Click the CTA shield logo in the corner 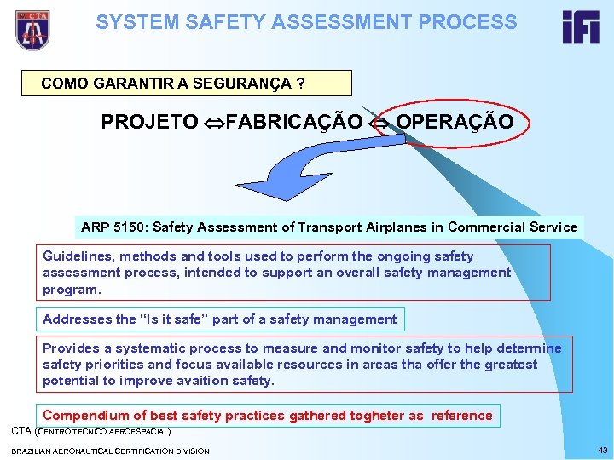tap(32, 30)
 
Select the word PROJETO tap(149, 122)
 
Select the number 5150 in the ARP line tap(130, 227)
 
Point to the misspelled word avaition tap(189, 381)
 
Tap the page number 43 tap(603, 450)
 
